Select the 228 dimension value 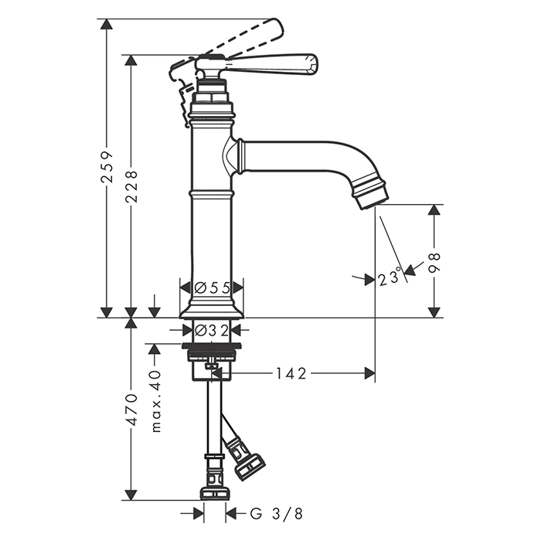pos(131,186)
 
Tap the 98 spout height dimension pos(434,264)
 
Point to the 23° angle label pos(390,279)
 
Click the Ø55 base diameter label pos(212,288)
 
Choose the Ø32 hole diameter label pos(211,331)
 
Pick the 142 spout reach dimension pos(291,373)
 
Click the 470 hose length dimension pos(131,410)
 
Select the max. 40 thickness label pos(156,401)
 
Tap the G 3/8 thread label pos(276,514)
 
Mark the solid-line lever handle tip pos(315,63)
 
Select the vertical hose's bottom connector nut pos(213,493)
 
